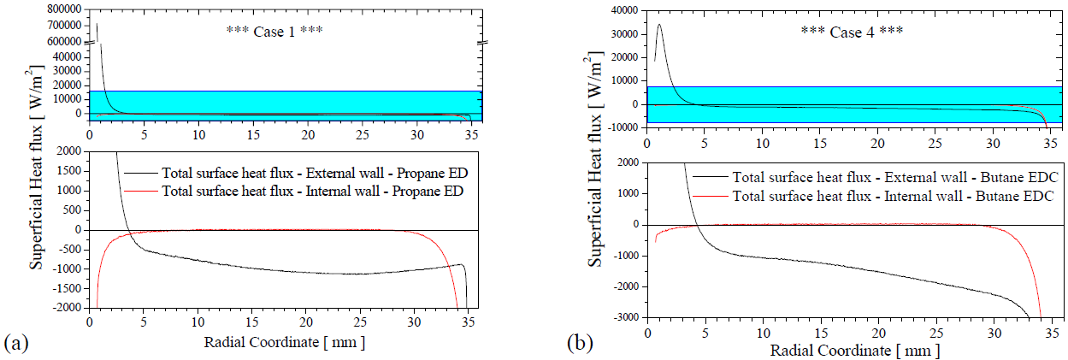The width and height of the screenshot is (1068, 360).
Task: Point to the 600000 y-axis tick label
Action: tap(58, 41)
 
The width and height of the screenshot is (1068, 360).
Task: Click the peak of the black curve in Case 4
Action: tap(659, 24)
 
